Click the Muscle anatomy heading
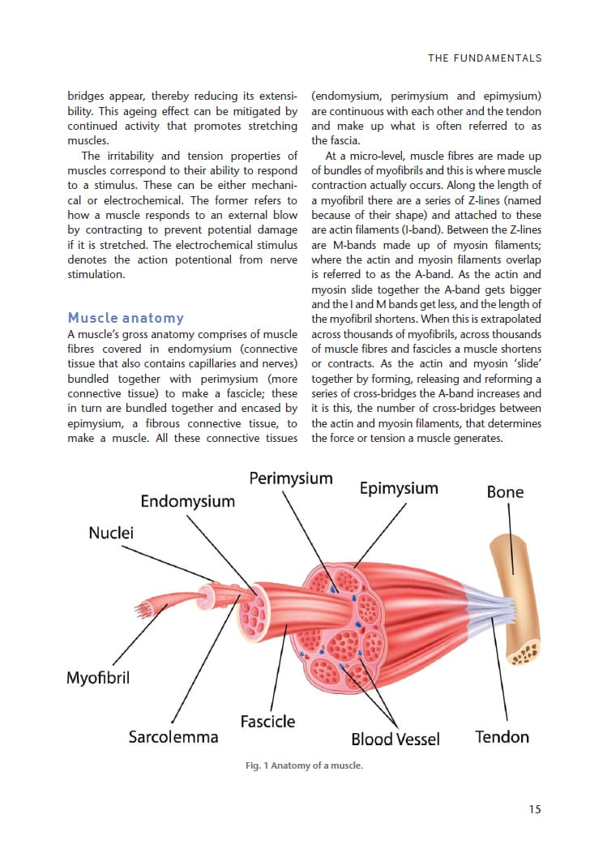126,318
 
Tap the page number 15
535,808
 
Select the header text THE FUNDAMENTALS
485,58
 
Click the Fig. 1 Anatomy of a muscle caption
304,765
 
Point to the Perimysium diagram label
290,478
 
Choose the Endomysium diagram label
187,501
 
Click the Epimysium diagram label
398,488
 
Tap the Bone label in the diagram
505,492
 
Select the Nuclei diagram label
111,533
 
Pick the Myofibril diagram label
97,677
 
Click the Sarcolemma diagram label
173,737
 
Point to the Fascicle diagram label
267,721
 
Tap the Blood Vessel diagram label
395,739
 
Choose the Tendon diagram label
502,737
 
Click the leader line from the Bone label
509,519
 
